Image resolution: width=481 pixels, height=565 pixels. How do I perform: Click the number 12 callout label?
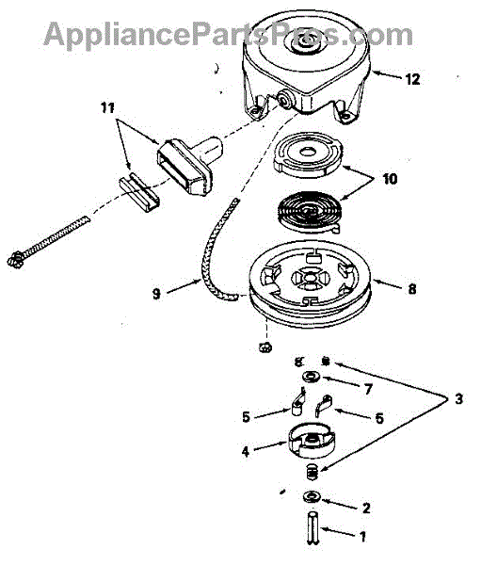point(412,79)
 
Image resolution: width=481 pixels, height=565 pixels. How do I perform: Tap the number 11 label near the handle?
point(107,107)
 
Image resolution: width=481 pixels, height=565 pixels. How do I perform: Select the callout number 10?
point(390,179)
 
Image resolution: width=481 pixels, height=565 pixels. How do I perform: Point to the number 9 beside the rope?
point(157,294)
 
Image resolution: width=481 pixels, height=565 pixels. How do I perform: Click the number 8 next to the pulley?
point(412,289)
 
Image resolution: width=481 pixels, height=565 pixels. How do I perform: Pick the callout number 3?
point(458,399)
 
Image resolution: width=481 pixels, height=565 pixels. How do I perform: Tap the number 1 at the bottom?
point(362,537)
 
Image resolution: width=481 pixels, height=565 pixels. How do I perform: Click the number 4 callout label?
point(246,451)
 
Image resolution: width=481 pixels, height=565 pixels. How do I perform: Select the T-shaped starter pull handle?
point(190,164)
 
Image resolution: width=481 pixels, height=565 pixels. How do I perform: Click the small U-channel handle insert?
point(138,193)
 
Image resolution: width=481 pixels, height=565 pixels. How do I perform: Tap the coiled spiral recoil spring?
point(309,212)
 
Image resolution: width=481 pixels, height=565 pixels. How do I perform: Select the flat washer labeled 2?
point(312,497)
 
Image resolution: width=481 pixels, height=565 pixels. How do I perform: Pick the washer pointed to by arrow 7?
point(311,377)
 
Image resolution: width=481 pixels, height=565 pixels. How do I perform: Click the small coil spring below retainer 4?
point(312,472)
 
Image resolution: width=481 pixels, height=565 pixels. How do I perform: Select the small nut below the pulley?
point(265,347)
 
